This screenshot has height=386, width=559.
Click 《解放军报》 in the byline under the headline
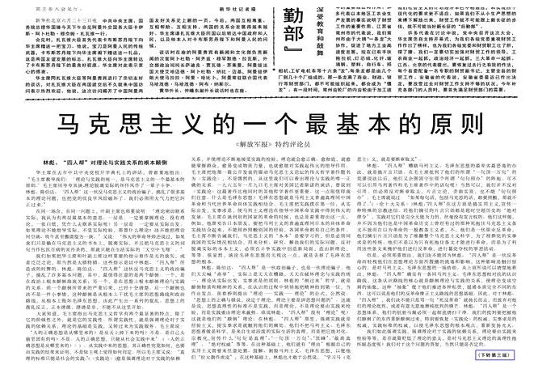tap(254, 146)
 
